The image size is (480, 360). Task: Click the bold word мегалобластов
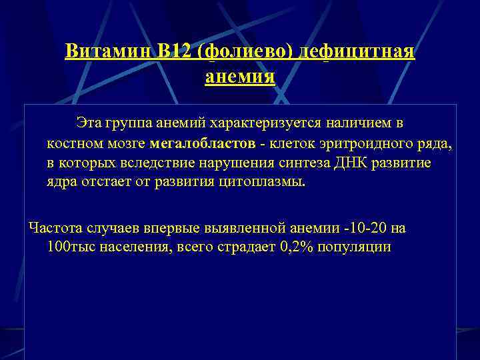202,143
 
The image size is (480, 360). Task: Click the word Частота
53,228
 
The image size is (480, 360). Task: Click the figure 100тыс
71,247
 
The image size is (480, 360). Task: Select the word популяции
359,247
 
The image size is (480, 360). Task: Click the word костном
73,143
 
